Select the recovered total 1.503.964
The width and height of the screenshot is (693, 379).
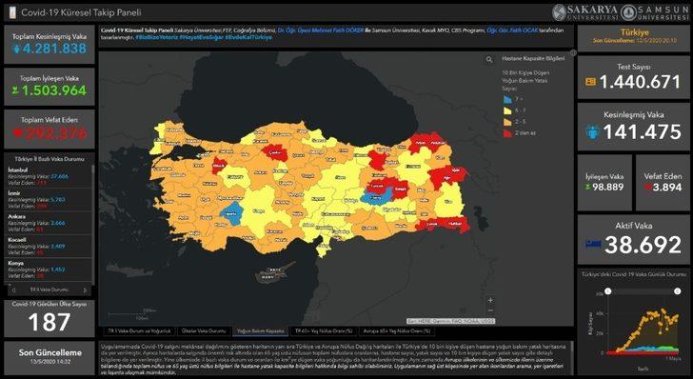pyautogui.click(x=49, y=91)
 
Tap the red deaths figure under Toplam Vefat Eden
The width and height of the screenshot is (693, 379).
pyautogui.click(x=49, y=132)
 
